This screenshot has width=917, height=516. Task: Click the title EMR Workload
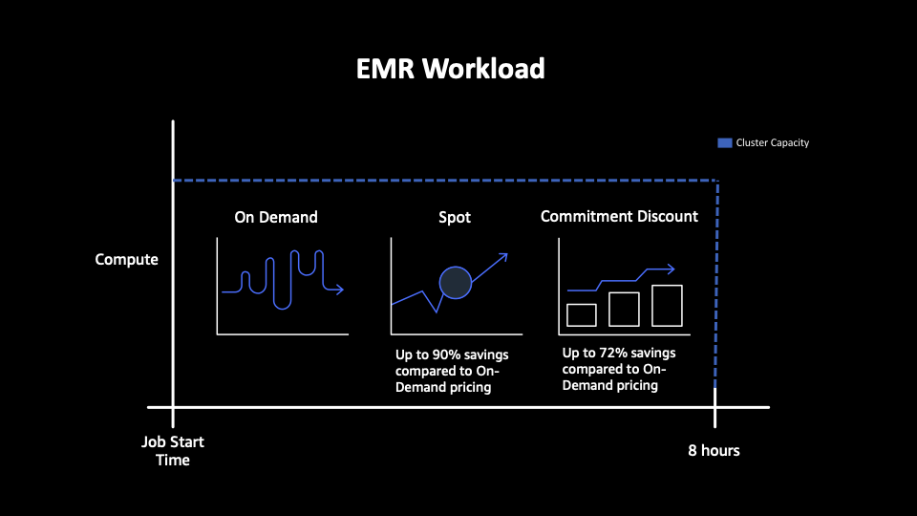click(x=450, y=69)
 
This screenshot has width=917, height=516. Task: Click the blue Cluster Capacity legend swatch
click(x=725, y=142)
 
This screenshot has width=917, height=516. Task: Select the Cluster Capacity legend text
click(x=773, y=142)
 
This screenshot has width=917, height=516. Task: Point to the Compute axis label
click(x=126, y=260)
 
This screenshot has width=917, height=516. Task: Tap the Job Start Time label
click(x=173, y=450)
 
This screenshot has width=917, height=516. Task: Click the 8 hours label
click(x=714, y=450)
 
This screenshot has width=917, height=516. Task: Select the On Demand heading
click(x=276, y=217)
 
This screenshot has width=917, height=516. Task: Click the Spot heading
click(x=455, y=218)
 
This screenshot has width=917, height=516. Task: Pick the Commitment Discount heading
click(x=619, y=217)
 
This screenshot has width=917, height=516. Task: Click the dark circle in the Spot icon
click(x=456, y=283)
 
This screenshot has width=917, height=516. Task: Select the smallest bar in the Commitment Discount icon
click(x=582, y=315)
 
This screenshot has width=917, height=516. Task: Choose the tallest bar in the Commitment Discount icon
click(x=667, y=306)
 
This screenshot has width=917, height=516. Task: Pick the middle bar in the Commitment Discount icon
click(x=624, y=310)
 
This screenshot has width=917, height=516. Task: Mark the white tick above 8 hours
click(x=714, y=407)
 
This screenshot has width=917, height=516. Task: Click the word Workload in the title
click(x=483, y=69)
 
